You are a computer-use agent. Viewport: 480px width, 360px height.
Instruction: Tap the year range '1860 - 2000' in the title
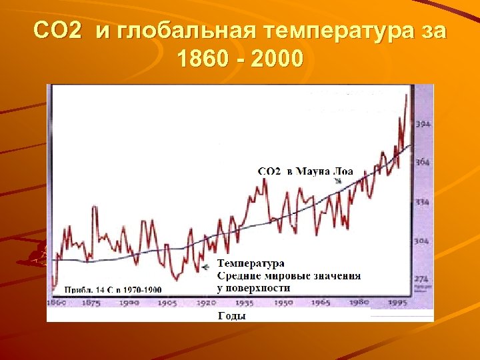[x=240, y=59]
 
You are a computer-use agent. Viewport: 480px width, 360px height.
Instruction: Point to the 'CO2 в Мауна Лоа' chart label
[x=305, y=171]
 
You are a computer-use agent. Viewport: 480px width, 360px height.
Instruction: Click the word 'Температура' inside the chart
[x=251, y=264]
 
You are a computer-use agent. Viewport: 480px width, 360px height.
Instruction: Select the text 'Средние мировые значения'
[x=289, y=275]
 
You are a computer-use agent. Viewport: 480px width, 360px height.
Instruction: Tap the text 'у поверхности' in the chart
[x=253, y=287]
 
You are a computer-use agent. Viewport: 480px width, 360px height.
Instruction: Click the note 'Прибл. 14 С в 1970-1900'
[x=113, y=289]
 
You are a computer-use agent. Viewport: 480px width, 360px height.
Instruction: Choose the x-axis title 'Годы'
[x=231, y=316]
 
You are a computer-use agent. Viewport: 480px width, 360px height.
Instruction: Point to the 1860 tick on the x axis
[x=57, y=303]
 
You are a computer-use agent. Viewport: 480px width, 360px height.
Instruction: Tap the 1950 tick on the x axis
[x=283, y=303]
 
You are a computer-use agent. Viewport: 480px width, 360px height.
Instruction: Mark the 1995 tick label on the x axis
[x=398, y=303]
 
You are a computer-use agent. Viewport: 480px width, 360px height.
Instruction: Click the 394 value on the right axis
[x=423, y=124]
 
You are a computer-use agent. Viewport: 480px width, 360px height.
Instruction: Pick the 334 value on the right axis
[x=423, y=201]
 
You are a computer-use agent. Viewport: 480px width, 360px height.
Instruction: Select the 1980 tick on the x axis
[x=360, y=303]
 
